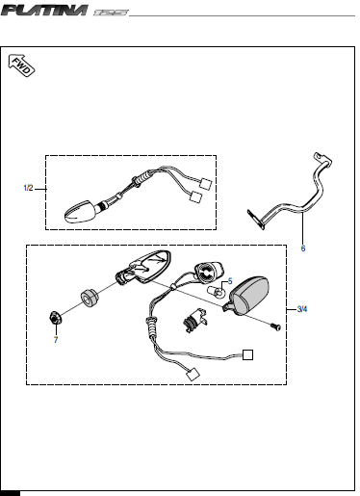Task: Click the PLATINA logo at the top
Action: point(44,10)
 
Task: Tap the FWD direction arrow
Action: point(21,65)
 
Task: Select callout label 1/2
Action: point(28,188)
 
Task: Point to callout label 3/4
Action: point(302,309)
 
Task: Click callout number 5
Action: point(230,281)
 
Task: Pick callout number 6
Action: point(303,248)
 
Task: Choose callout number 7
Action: point(56,340)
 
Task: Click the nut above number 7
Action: point(55,318)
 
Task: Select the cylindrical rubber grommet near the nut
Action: point(89,299)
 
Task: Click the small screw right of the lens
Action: point(275,326)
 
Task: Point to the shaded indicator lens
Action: point(247,295)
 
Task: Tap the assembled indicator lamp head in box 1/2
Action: point(80,211)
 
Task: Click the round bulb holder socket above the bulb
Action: point(209,272)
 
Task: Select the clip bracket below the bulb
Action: point(194,320)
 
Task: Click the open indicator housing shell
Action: point(143,268)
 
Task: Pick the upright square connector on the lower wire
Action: point(247,354)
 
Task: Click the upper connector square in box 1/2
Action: point(205,184)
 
